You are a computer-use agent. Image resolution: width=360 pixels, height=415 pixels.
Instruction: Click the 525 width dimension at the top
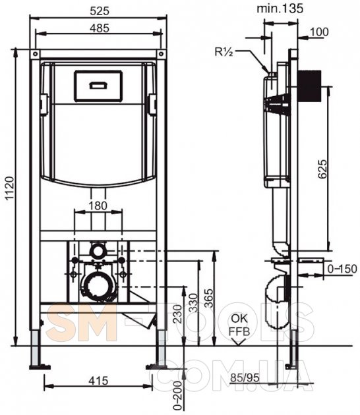click(100, 11)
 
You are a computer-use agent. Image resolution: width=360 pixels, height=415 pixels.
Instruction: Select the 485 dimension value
click(100, 28)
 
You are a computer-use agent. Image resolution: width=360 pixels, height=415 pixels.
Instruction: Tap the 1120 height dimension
click(10, 188)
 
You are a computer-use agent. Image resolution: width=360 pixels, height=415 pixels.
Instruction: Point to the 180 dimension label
click(98, 206)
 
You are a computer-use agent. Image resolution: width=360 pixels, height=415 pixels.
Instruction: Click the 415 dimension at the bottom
click(98, 381)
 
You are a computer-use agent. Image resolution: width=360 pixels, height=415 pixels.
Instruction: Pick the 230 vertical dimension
click(178, 314)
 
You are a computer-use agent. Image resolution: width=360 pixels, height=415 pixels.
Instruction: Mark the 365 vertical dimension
click(209, 298)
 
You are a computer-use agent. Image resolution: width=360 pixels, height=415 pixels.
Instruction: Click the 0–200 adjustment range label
click(178, 396)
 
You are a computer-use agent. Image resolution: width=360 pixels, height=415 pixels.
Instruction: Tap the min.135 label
click(280, 9)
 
